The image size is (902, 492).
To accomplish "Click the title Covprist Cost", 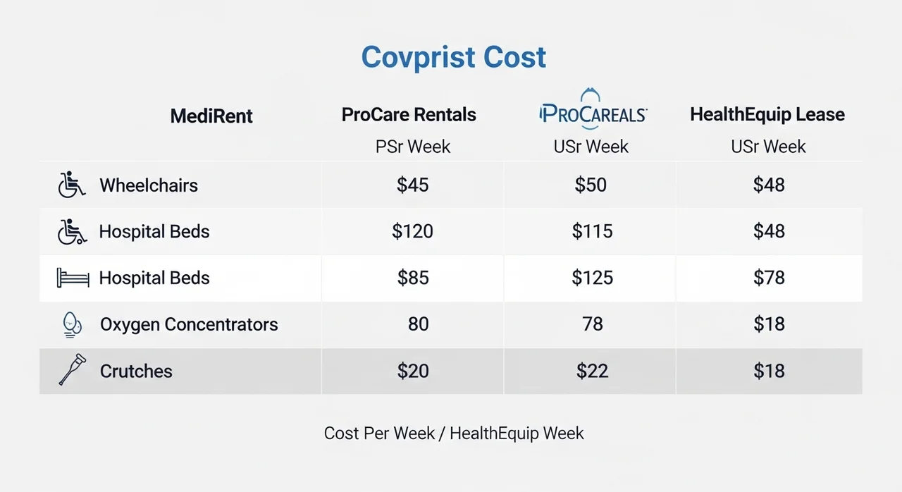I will pos(453,57).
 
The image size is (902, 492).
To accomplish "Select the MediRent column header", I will pos(211,116).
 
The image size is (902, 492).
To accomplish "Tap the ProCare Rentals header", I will pos(409,115).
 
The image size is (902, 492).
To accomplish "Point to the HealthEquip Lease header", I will pos(767,115).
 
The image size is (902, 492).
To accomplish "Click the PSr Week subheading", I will pos(413,147).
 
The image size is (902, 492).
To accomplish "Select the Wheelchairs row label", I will pos(149,185).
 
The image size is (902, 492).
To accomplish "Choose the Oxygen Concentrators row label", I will pos(189,324).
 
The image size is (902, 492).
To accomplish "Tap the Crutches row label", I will pos(136,371).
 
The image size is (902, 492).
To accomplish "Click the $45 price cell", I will pos(413,185).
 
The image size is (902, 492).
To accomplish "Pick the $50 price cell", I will pos(591,185).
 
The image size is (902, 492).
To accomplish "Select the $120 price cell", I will pos(413,231).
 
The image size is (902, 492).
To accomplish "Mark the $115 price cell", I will pos(592,231).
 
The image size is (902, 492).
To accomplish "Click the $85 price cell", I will pos(413,278).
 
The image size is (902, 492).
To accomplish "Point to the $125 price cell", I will pos(592,278).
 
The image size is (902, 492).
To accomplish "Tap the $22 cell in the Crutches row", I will pos(592,371).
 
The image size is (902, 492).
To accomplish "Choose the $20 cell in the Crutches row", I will pos(413,371).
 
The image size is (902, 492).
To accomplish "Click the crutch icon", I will pos(72,371).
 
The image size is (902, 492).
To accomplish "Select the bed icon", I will pos(73,278).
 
